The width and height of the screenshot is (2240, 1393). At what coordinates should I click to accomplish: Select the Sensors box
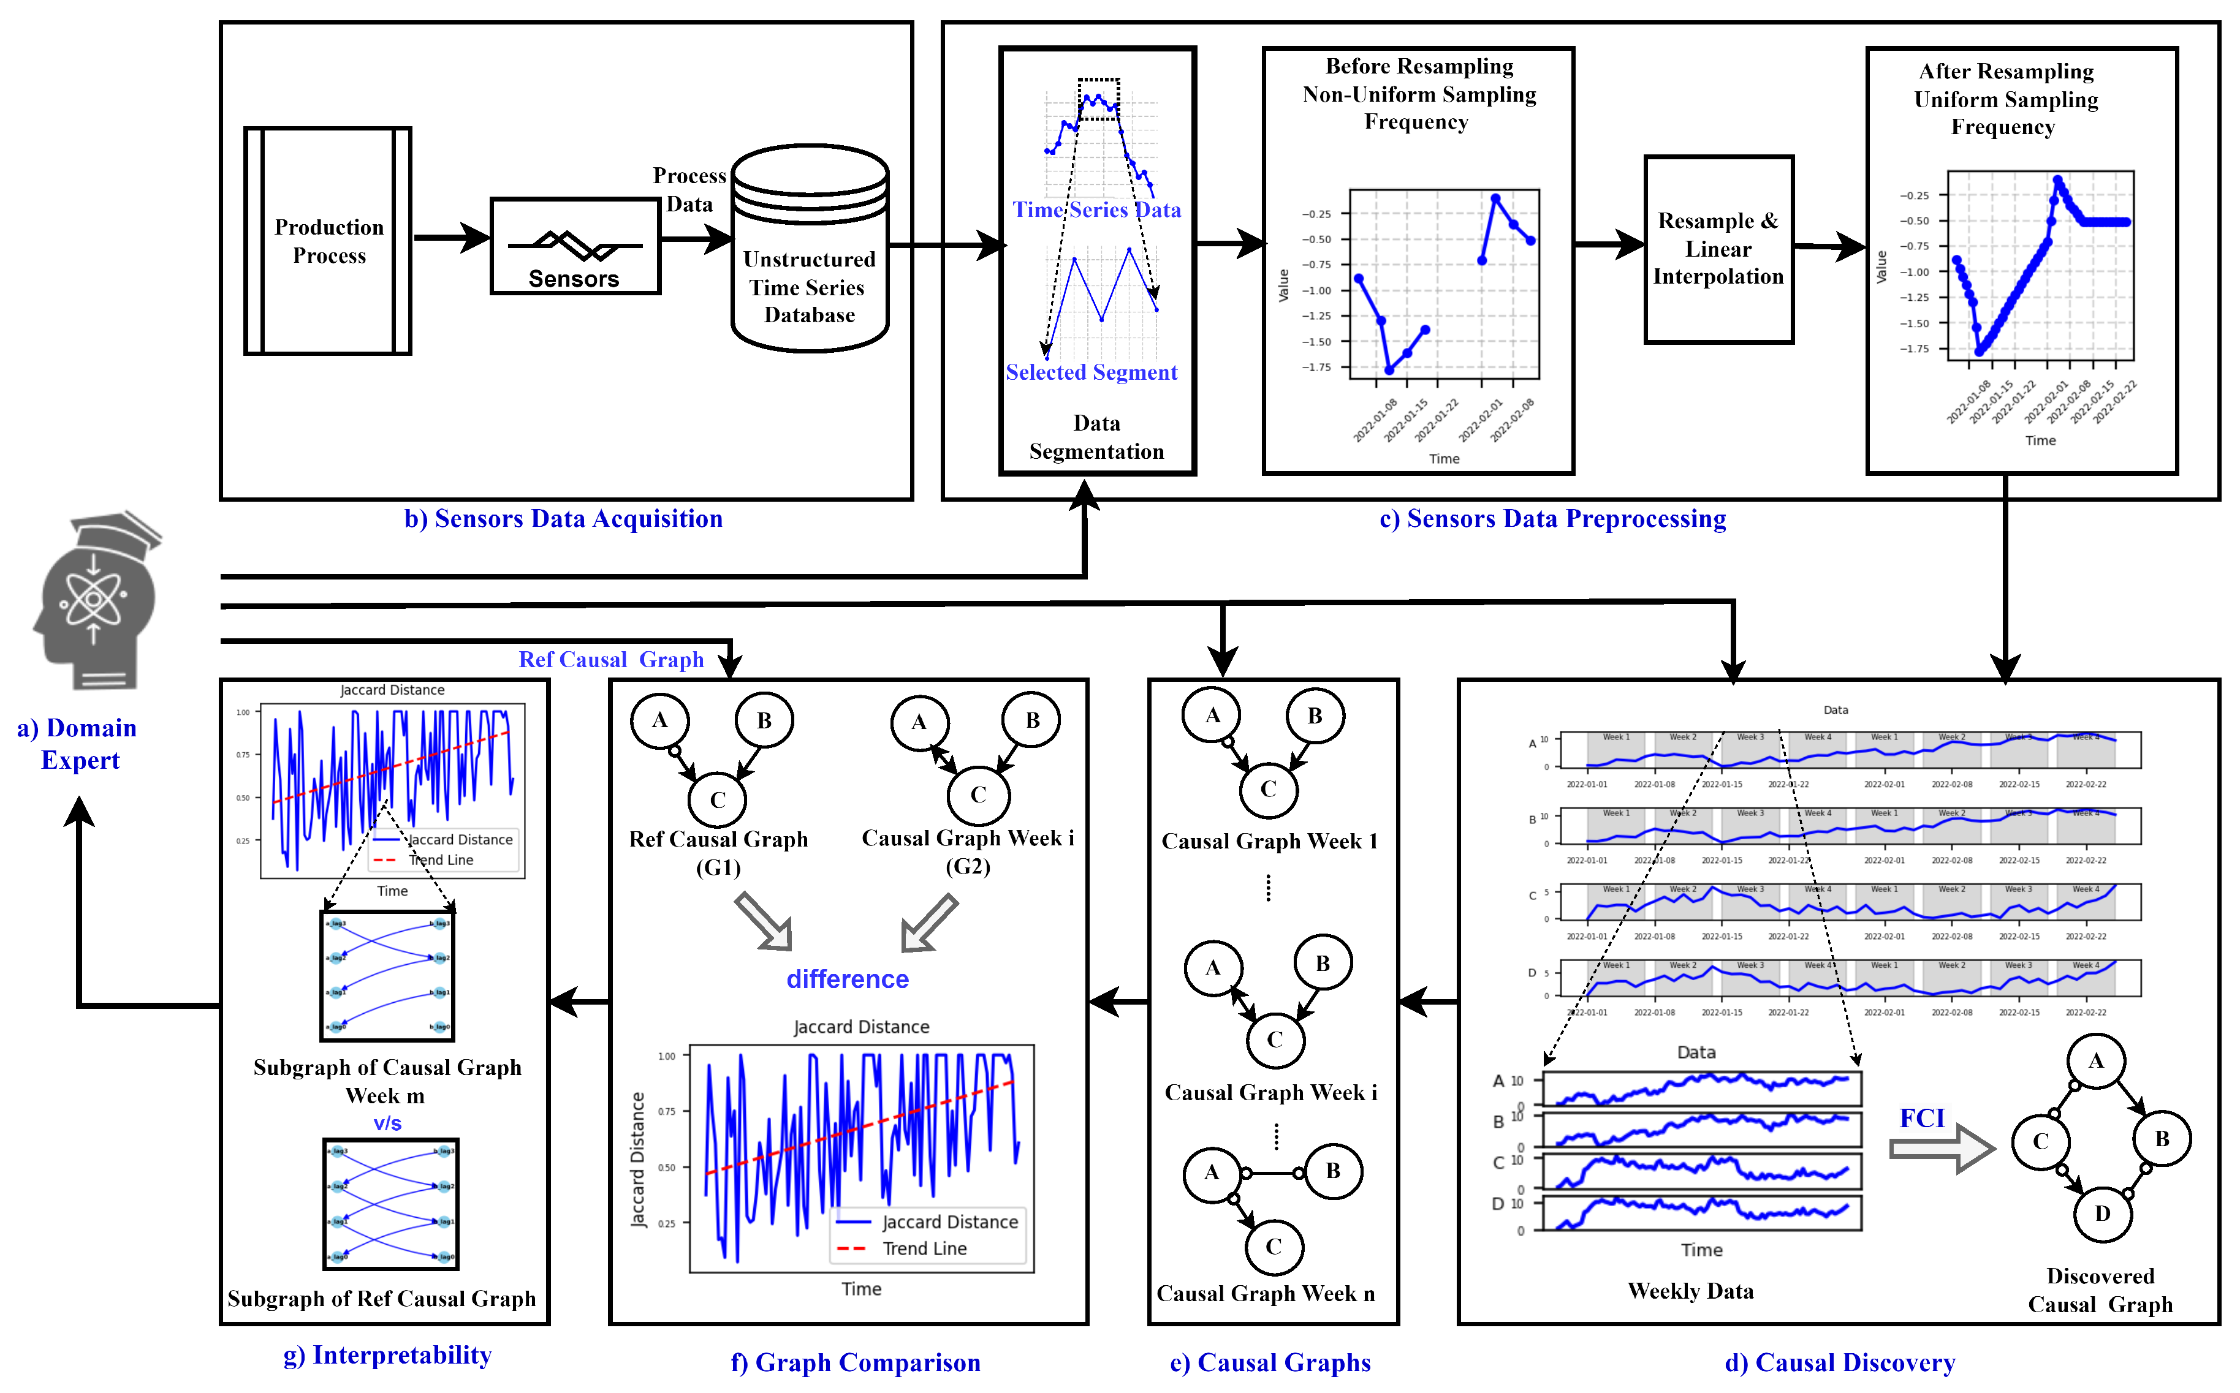click(575, 247)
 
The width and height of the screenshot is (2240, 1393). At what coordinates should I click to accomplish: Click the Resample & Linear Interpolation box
click(1718, 249)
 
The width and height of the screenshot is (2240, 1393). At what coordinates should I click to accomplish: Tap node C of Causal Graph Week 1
click(1269, 790)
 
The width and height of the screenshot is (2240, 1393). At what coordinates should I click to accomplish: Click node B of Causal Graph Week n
click(1332, 1171)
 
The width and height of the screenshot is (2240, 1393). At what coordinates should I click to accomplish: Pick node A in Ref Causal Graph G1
click(660, 720)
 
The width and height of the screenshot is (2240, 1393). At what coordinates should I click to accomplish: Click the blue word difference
click(847, 980)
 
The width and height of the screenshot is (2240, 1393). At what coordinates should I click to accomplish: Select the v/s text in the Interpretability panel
click(387, 1123)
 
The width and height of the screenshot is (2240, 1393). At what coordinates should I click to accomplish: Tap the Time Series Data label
click(1096, 210)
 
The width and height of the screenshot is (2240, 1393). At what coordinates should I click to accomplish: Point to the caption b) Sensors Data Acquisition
click(563, 519)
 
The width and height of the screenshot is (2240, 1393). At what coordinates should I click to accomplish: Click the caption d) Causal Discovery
click(1839, 1362)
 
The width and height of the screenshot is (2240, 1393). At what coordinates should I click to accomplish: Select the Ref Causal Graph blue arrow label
click(611, 660)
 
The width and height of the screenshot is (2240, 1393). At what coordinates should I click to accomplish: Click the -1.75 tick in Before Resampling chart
click(1316, 368)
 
